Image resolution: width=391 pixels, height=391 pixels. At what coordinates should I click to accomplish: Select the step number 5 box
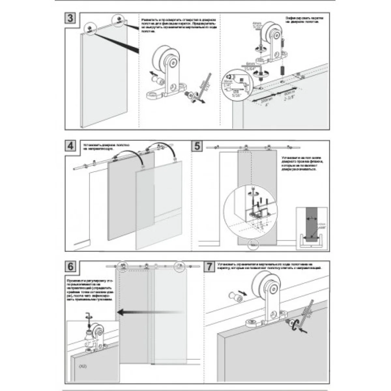point(197,145)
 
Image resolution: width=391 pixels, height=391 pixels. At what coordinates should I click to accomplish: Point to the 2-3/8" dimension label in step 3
point(289,96)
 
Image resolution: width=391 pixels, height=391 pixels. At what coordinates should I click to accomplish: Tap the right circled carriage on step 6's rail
point(180,266)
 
